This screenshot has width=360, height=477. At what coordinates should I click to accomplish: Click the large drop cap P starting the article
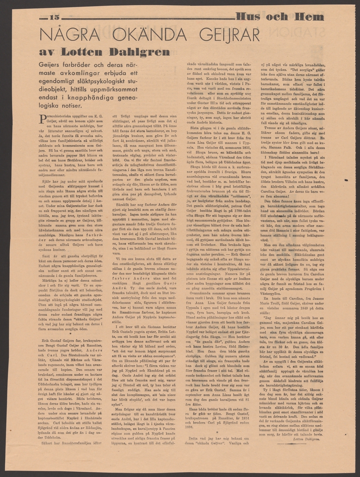(x=43, y=117)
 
